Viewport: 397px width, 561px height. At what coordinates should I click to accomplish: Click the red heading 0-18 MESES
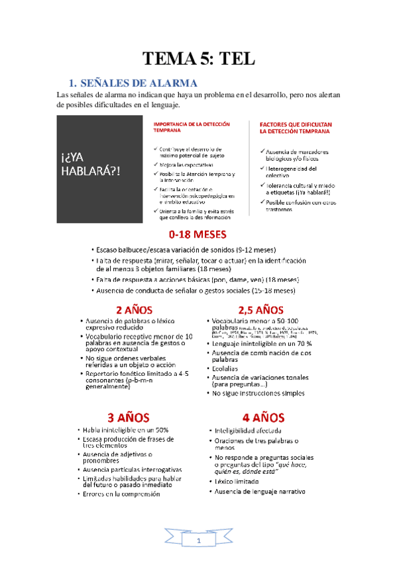[x=198, y=234]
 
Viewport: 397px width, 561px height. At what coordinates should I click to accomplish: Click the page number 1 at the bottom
[x=198, y=542]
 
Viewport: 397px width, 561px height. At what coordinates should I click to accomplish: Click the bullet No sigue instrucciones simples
[x=258, y=393]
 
